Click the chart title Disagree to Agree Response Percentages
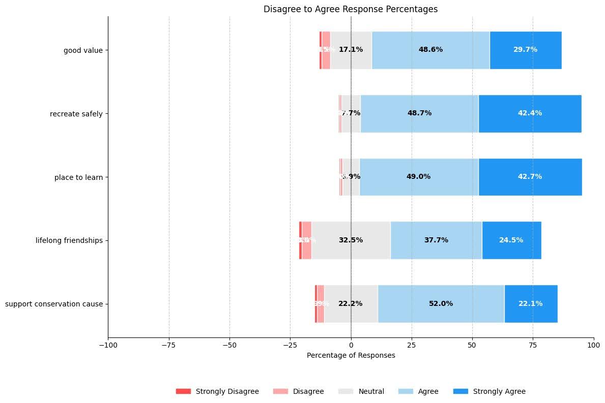pos(351,9)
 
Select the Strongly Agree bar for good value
pos(526,50)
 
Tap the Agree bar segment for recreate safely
pos(419,113)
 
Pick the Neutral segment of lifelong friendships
pos(351,240)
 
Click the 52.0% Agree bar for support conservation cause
pos(441,304)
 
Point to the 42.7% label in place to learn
pos(530,177)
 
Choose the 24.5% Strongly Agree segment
pos(511,240)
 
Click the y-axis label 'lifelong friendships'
pos(69,240)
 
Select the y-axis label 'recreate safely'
pos(76,114)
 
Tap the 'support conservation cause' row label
pos(54,304)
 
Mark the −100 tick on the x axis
pos(108,345)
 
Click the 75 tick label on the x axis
pos(533,345)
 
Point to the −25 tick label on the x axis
pos(290,345)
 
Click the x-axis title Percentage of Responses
pos(351,356)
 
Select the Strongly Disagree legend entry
pos(217,391)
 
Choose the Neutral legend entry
pos(361,391)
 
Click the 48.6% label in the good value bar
pos(430,50)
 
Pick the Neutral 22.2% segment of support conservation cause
pos(351,304)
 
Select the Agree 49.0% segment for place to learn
pos(418,177)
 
